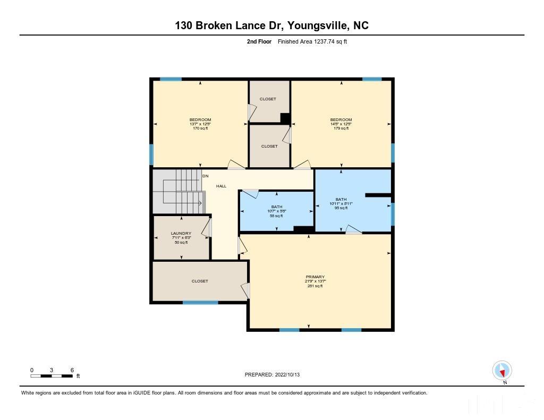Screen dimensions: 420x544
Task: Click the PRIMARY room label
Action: pos(315,277)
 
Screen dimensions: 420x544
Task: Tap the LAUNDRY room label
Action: pos(181,233)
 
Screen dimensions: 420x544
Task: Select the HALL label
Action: pos(221,186)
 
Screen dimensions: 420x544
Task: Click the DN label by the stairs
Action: pos(205,176)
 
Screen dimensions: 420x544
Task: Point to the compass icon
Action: pos(501,370)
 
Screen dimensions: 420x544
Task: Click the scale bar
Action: pos(52,376)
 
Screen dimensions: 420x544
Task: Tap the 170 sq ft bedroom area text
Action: pos(200,128)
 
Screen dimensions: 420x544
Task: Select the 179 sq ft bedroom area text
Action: pos(341,128)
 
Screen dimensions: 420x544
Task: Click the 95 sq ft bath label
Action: pos(341,208)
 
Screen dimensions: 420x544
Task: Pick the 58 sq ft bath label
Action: pos(276,216)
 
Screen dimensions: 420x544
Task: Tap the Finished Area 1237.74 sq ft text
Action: pos(312,41)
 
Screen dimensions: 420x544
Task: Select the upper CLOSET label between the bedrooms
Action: pos(268,99)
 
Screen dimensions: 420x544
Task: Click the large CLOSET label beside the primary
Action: pos(200,281)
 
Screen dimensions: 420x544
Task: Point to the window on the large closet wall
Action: pos(200,303)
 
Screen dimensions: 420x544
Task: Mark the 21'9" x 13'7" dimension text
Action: pos(315,281)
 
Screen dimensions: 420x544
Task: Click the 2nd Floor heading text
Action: pos(260,41)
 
